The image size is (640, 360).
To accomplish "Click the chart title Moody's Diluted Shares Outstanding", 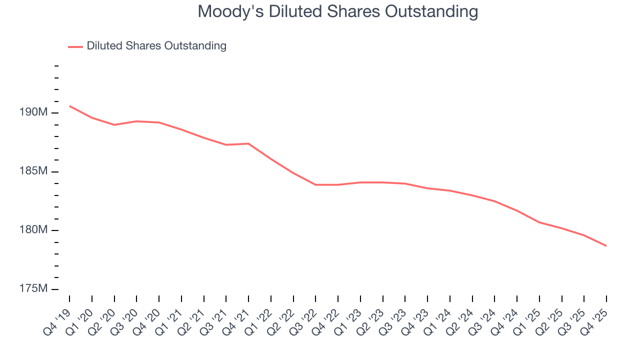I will [337, 11].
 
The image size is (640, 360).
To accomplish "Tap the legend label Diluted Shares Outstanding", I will [156, 46].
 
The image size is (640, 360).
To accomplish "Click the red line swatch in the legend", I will [75, 46].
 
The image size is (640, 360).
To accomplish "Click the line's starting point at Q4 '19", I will [69, 106].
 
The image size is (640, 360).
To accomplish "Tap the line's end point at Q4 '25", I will [606, 245].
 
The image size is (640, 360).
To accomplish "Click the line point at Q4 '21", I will [248, 143].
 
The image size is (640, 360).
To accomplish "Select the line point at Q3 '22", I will [315, 184].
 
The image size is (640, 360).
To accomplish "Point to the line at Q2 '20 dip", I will [114, 124].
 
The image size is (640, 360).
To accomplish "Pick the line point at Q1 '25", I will [539, 222].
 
